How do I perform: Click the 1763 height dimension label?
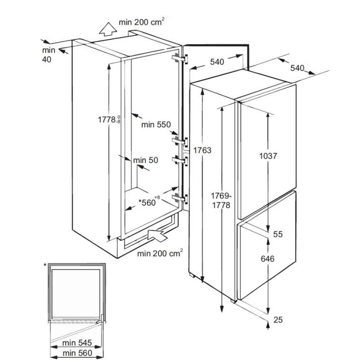coord(203,150)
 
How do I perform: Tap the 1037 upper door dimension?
coord(268,156)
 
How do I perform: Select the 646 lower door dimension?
coord(268,259)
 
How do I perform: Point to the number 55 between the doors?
coord(278,234)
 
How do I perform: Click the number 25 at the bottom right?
coord(278,320)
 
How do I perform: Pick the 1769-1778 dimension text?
coord(221,200)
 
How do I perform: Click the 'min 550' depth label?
coord(156,125)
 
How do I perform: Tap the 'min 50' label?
coord(146,160)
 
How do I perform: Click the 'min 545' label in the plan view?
coord(77,343)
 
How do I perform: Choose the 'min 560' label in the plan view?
coord(77,353)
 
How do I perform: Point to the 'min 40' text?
coord(48,55)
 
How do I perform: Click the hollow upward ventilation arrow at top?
coord(108,29)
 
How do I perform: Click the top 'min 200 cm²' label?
coord(142,22)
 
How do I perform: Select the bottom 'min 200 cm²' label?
coord(160,253)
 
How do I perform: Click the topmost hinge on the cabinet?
coord(180,58)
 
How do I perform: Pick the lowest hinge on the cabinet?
coord(180,199)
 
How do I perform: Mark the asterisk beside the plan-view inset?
coord(45,265)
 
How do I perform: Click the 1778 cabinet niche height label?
coord(109,119)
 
